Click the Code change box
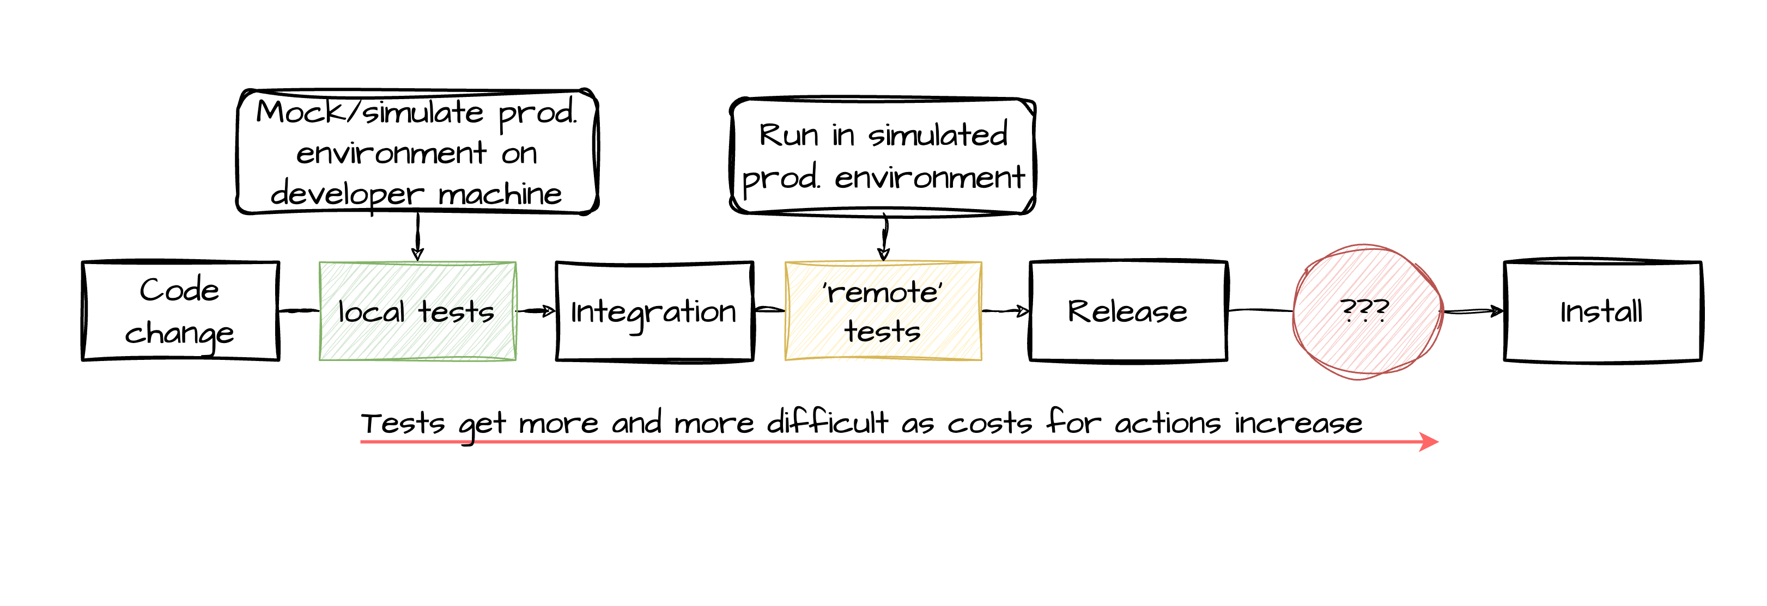click(180, 310)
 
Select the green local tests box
click(417, 310)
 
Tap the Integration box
click(654, 310)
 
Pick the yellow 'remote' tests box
click(883, 310)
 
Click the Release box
click(1128, 310)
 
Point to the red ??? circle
click(1367, 310)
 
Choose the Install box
click(1602, 310)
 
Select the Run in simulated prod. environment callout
click(883, 156)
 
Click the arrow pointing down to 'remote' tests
click(884, 238)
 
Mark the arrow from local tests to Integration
click(536, 311)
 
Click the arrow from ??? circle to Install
click(1473, 312)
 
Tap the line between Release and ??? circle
click(1260, 310)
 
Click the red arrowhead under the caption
click(1429, 442)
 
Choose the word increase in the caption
click(1298, 423)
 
